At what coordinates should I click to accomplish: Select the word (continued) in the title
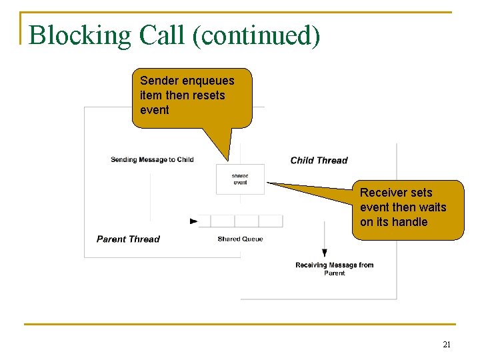tap(255, 35)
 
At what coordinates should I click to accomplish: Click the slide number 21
tap(447, 345)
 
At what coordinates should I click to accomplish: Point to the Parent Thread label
tap(128, 239)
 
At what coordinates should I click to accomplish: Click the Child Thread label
tap(319, 160)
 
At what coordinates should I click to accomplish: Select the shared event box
tap(240, 179)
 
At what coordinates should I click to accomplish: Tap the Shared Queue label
tap(240, 239)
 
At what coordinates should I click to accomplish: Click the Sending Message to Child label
tap(152, 159)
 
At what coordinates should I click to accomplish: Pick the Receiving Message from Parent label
tap(334, 269)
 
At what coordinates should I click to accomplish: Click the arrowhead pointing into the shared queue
tap(194, 221)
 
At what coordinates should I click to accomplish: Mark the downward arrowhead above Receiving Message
tap(325, 253)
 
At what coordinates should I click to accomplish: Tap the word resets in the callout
tap(207, 95)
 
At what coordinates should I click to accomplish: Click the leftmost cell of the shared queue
tap(205, 221)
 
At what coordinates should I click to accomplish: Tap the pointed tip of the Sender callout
tap(229, 161)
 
